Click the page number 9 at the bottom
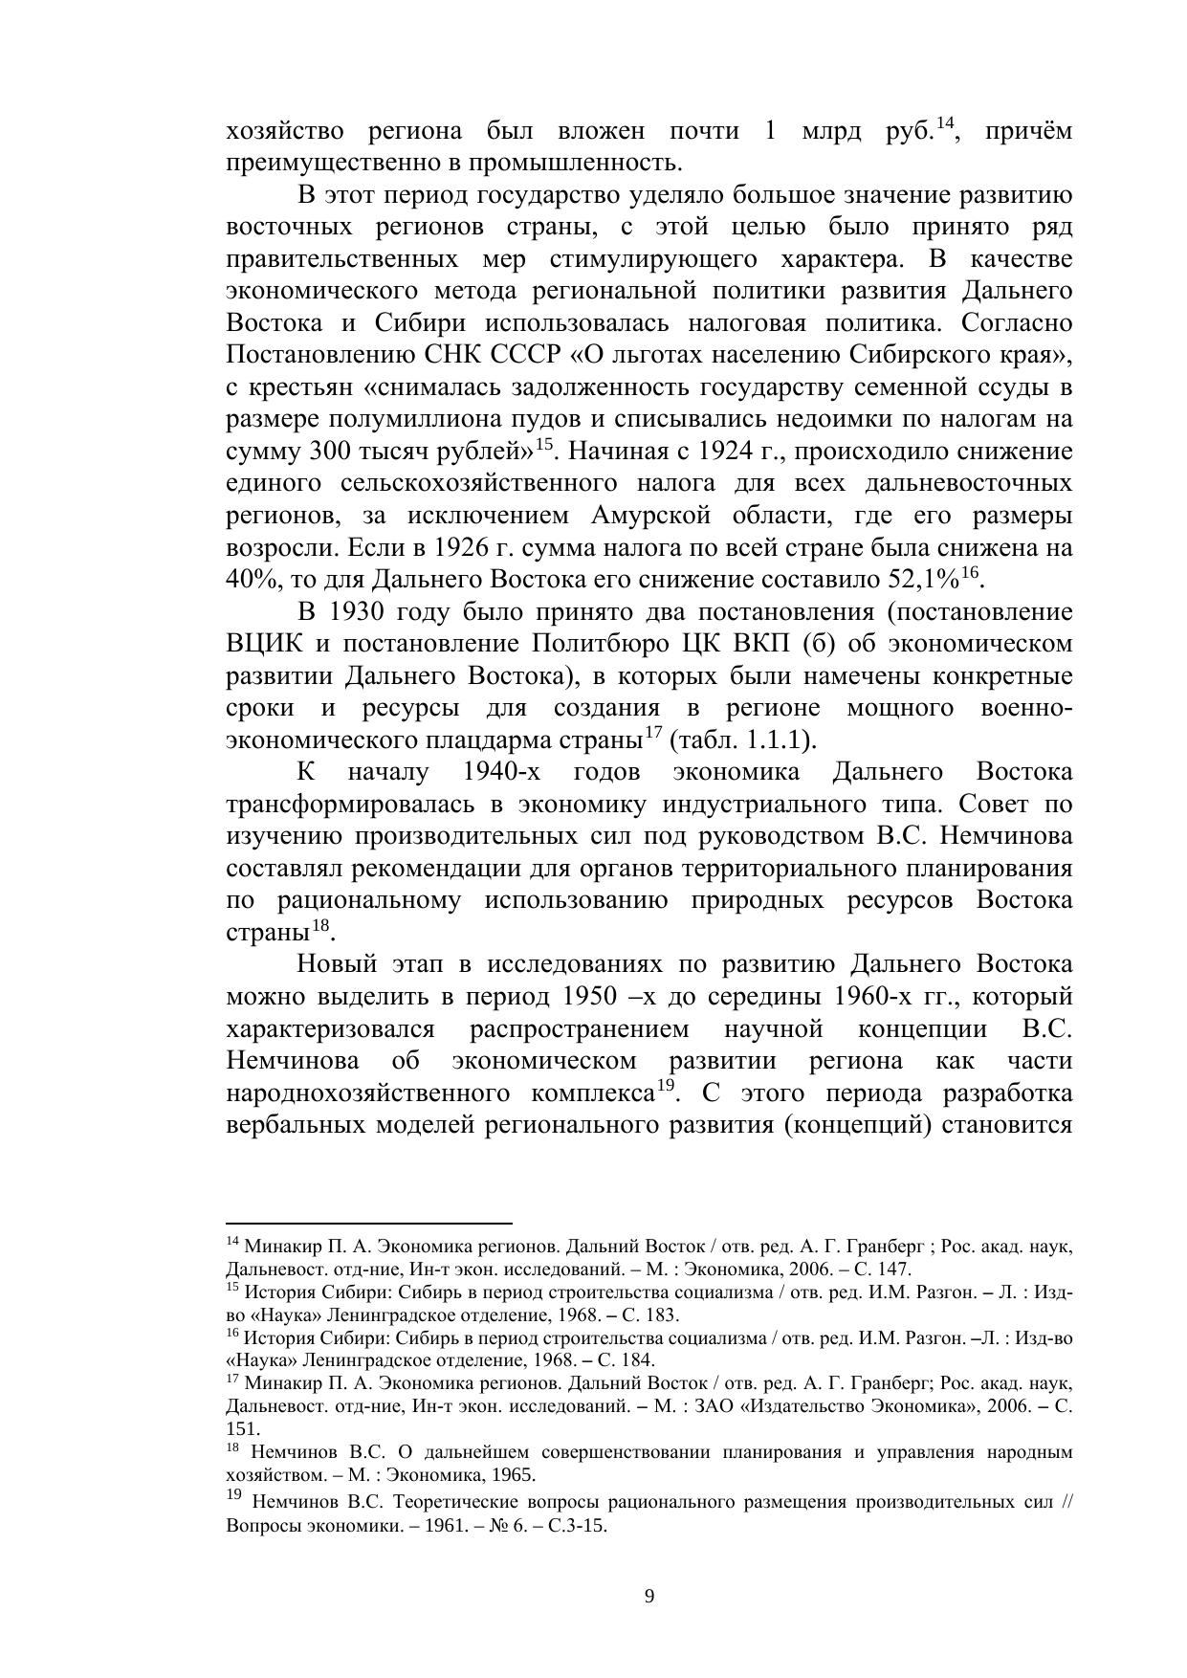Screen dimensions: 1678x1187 649,1596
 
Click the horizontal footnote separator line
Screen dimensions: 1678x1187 369,1223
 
